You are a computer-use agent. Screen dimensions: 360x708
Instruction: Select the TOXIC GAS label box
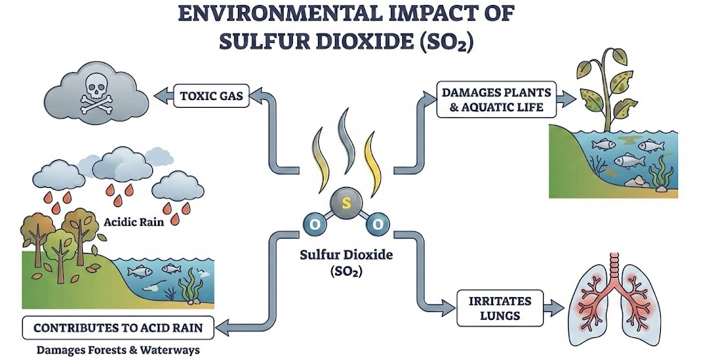tap(211, 96)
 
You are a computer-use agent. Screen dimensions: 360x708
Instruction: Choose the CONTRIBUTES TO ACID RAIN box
tap(119, 329)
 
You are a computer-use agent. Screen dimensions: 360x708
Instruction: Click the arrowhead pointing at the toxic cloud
tap(161, 93)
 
